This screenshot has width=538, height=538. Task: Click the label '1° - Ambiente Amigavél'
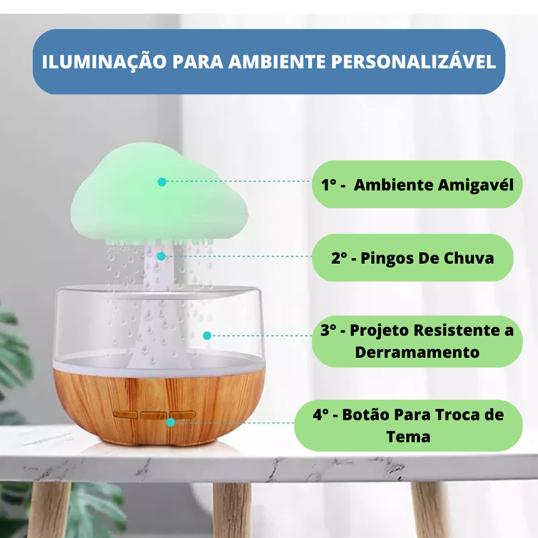[417, 185]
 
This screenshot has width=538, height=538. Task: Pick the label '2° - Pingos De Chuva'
[412, 258]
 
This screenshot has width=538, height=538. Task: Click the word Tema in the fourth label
[408, 436]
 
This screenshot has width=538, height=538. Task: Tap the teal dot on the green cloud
[161, 182]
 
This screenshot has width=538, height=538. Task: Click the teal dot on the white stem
[161, 257]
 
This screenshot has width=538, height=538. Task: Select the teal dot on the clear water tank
[207, 336]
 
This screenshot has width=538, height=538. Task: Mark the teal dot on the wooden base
[171, 422]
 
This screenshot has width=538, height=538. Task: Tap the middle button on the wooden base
[154, 415]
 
